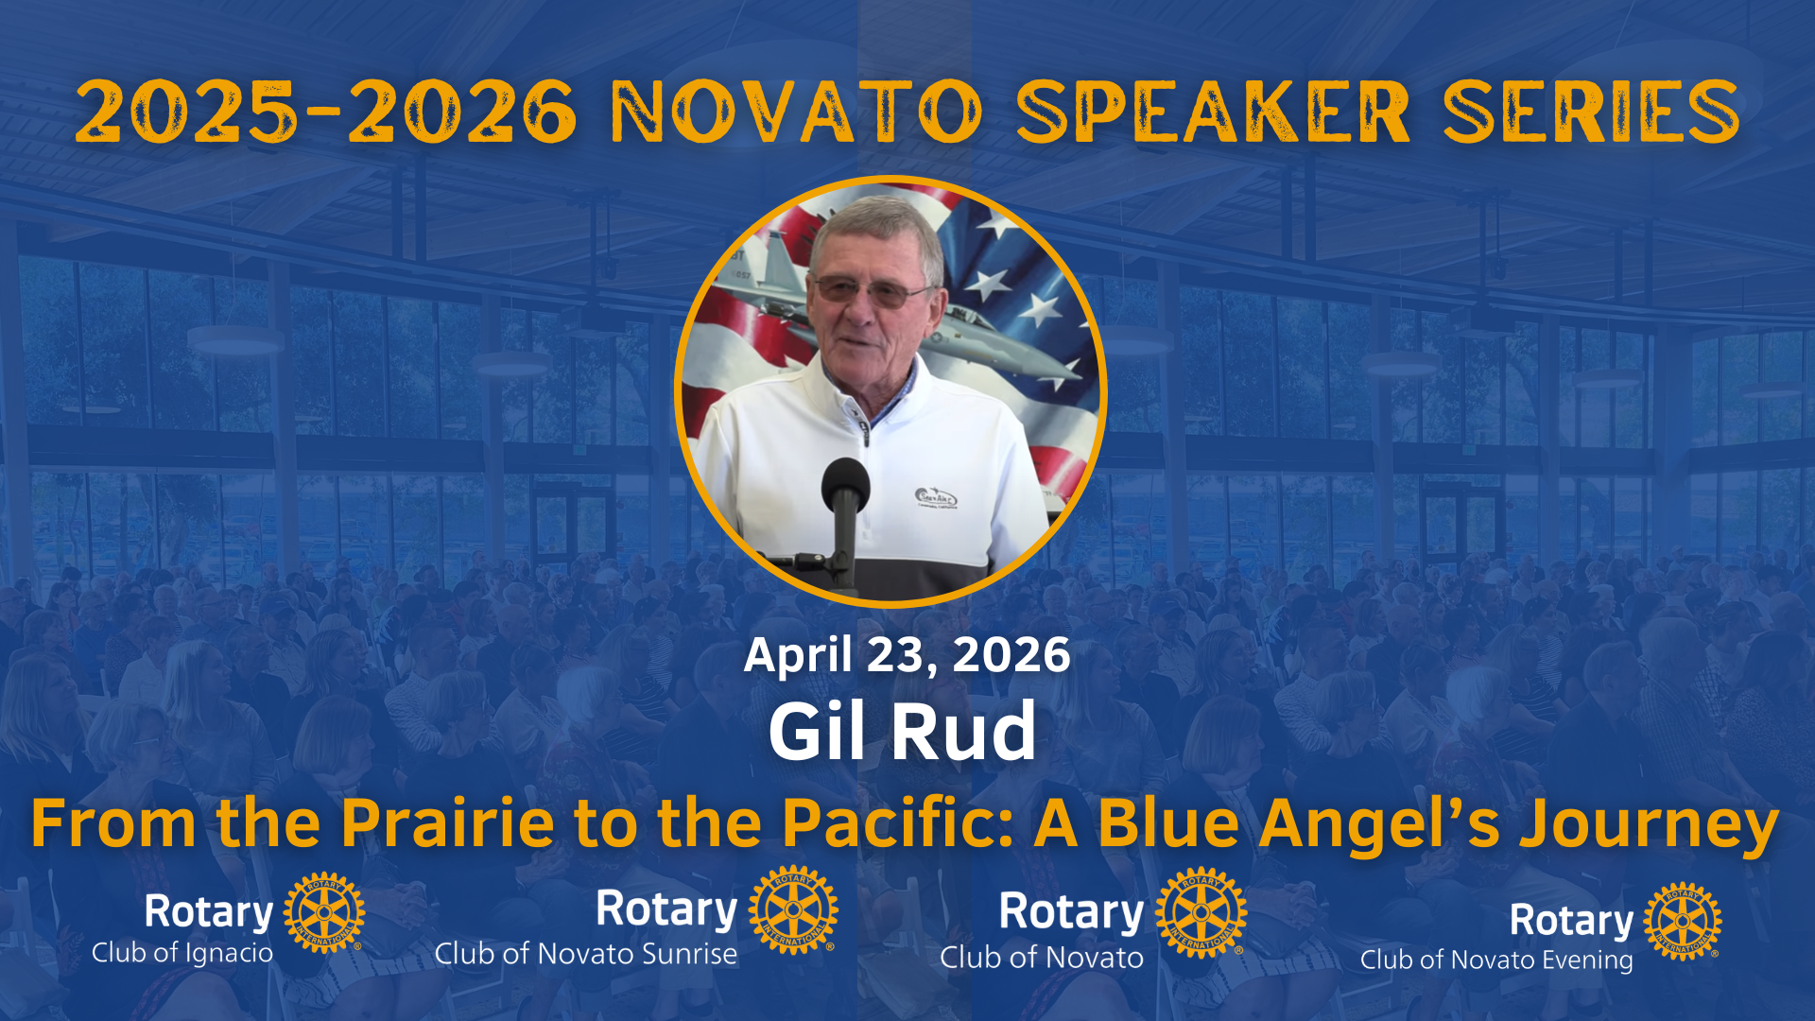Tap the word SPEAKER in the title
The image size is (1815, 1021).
tap(1214, 112)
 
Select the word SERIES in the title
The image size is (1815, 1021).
tap(1591, 112)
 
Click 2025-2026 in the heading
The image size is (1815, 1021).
tap(326, 112)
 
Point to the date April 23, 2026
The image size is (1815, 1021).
tap(907, 656)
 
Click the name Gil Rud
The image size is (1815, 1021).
tap(903, 731)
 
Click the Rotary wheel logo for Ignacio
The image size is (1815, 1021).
tap(324, 913)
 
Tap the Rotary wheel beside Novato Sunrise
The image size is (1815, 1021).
tap(793, 909)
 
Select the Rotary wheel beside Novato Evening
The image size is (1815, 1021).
tap(1683, 922)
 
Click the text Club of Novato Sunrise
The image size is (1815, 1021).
tap(586, 954)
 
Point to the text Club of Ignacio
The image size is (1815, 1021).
tap(182, 953)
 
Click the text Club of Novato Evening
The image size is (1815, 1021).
tap(1496, 960)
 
